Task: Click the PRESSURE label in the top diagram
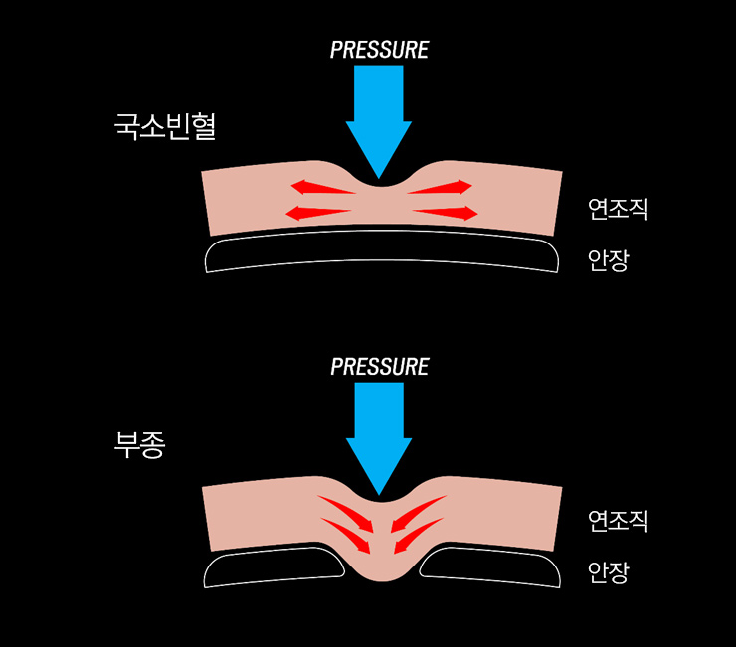coord(379,49)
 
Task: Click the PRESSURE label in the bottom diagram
coord(379,366)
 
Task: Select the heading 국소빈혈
coord(165,126)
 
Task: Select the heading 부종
coord(140,442)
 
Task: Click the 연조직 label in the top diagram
coord(618,209)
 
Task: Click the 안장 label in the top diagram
coord(608,260)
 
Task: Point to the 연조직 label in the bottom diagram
coord(618,520)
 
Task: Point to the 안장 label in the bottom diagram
coord(608,572)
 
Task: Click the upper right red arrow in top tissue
coord(439,186)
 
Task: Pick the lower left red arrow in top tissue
coord(317,212)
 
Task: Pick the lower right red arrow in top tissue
coord(445,212)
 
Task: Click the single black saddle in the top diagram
coord(378,253)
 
